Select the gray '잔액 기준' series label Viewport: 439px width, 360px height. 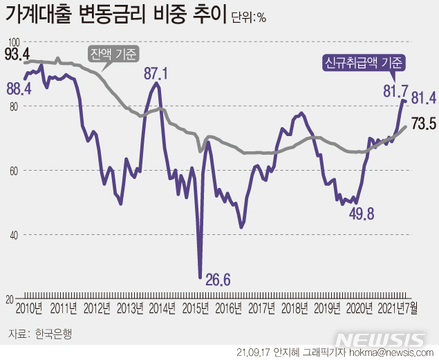click(113, 53)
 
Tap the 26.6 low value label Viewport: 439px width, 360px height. click(217, 280)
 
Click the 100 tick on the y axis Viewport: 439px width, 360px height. click(13, 42)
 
